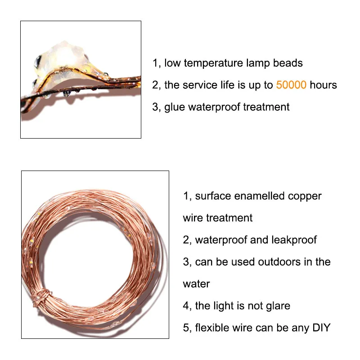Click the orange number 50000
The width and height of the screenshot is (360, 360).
point(291,85)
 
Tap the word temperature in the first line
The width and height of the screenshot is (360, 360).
point(213,63)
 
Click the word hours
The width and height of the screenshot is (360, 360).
point(323,85)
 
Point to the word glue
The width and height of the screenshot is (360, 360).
point(175,107)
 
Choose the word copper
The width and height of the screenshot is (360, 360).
point(305,197)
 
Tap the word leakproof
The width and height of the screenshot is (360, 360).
point(294,240)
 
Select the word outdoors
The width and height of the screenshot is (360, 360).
point(279,262)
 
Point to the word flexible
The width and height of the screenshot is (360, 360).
point(212,328)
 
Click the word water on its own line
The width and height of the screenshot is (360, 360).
point(196,284)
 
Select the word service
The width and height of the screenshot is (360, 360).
point(200,85)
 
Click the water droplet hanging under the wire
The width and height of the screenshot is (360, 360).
point(66,94)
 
